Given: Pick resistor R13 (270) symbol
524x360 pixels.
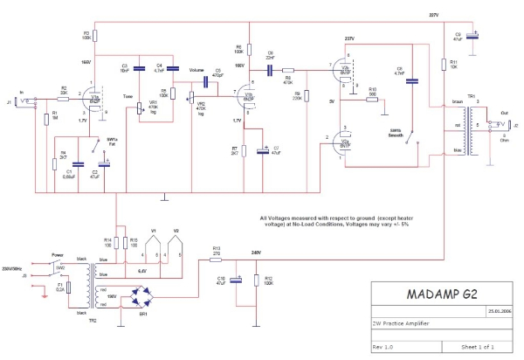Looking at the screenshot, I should tap(217, 259).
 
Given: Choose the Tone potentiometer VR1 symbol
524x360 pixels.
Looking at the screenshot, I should tap(141, 109).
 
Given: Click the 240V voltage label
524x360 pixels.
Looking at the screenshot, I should tap(256, 253).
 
